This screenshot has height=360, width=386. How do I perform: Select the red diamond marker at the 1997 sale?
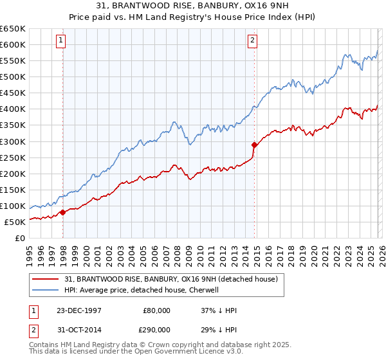point(62,212)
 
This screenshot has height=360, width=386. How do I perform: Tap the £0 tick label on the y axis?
point(19,238)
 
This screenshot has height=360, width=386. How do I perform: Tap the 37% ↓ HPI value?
point(219,310)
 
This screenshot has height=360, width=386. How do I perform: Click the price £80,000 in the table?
point(157,310)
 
